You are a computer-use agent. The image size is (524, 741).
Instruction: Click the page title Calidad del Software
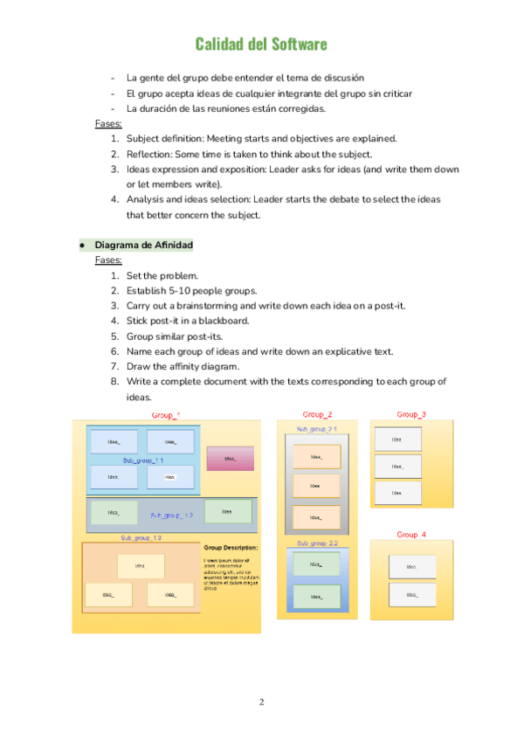(261, 44)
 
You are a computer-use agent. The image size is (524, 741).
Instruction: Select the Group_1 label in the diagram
(166, 415)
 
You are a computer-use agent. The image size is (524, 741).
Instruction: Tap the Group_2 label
(317, 414)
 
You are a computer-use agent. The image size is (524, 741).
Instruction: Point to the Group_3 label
(411, 414)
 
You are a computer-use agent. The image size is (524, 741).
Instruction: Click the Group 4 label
(411, 534)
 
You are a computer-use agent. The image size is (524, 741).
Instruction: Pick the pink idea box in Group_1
(230, 458)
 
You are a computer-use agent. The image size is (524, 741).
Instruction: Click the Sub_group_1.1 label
(143, 461)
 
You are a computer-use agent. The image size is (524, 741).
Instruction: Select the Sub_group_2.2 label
(317, 544)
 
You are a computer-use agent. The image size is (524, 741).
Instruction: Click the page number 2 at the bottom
(261, 702)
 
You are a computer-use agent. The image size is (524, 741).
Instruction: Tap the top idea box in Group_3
(396, 440)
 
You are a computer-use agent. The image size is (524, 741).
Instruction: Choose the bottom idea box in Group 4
(410, 596)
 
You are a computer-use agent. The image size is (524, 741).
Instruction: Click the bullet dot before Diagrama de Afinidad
(81, 245)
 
